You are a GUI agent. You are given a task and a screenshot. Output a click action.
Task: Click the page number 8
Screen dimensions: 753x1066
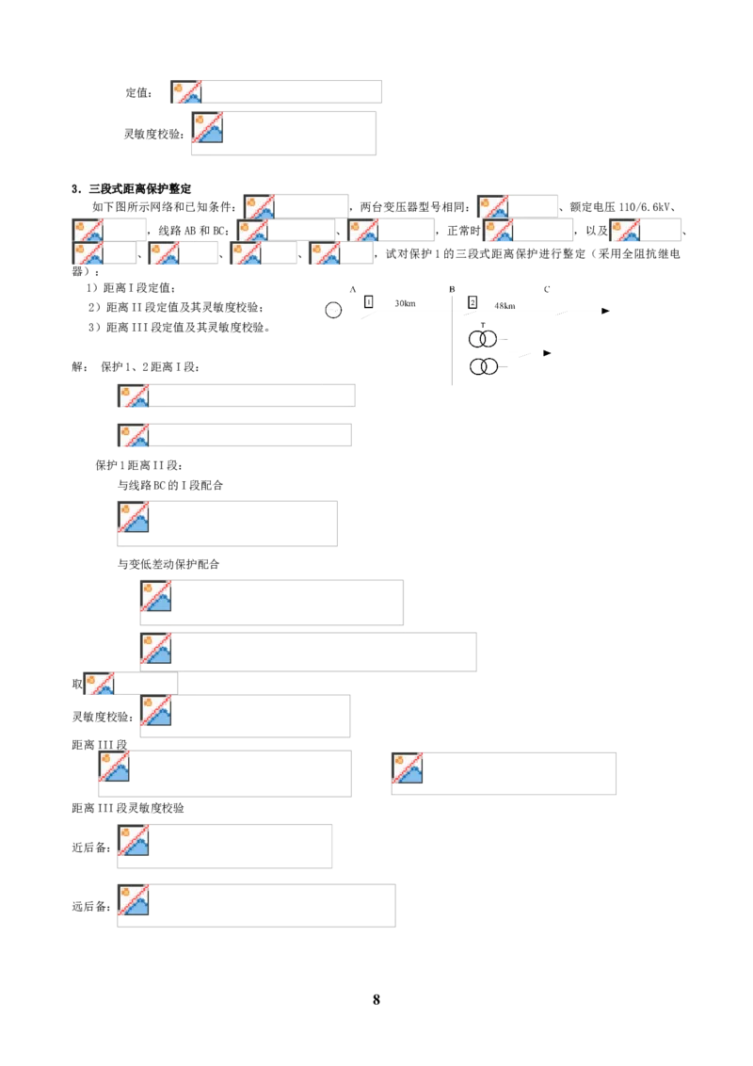point(376,999)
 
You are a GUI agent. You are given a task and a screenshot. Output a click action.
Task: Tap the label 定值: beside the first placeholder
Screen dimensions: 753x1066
point(138,92)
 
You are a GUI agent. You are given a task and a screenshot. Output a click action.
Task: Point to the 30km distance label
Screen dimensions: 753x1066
point(405,303)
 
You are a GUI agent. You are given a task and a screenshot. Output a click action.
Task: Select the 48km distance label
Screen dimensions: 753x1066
point(505,306)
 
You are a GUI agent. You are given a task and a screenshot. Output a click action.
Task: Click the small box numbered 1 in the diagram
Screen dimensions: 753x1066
point(368,302)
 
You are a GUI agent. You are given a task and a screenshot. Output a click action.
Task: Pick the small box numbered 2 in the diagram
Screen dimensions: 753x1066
point(473,302)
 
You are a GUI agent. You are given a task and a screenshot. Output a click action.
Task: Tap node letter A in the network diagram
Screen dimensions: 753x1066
point(353,290)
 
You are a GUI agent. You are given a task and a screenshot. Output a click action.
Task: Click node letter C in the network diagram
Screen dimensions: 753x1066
point(547,290)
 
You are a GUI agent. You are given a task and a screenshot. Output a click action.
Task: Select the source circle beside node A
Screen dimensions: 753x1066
point(333,310)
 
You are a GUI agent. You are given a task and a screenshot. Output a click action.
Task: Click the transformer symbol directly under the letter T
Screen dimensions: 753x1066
point(483,339)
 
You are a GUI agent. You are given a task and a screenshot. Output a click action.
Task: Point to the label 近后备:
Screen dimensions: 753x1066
point(91,848)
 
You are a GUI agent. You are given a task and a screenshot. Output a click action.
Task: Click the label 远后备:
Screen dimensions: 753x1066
point(91,906)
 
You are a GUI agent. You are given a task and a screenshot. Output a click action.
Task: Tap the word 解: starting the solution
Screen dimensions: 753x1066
point(80,367)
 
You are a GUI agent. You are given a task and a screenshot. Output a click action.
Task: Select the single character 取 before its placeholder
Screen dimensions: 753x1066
point(77,684)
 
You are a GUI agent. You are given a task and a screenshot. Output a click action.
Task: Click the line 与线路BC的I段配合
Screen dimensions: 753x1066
point(170,485)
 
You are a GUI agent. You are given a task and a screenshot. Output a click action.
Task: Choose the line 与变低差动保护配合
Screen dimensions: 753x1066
point(168,564)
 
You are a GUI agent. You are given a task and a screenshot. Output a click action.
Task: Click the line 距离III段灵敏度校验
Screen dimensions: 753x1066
point(128,808)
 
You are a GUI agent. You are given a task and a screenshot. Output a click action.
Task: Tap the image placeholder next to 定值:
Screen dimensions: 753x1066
point(276,91)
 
